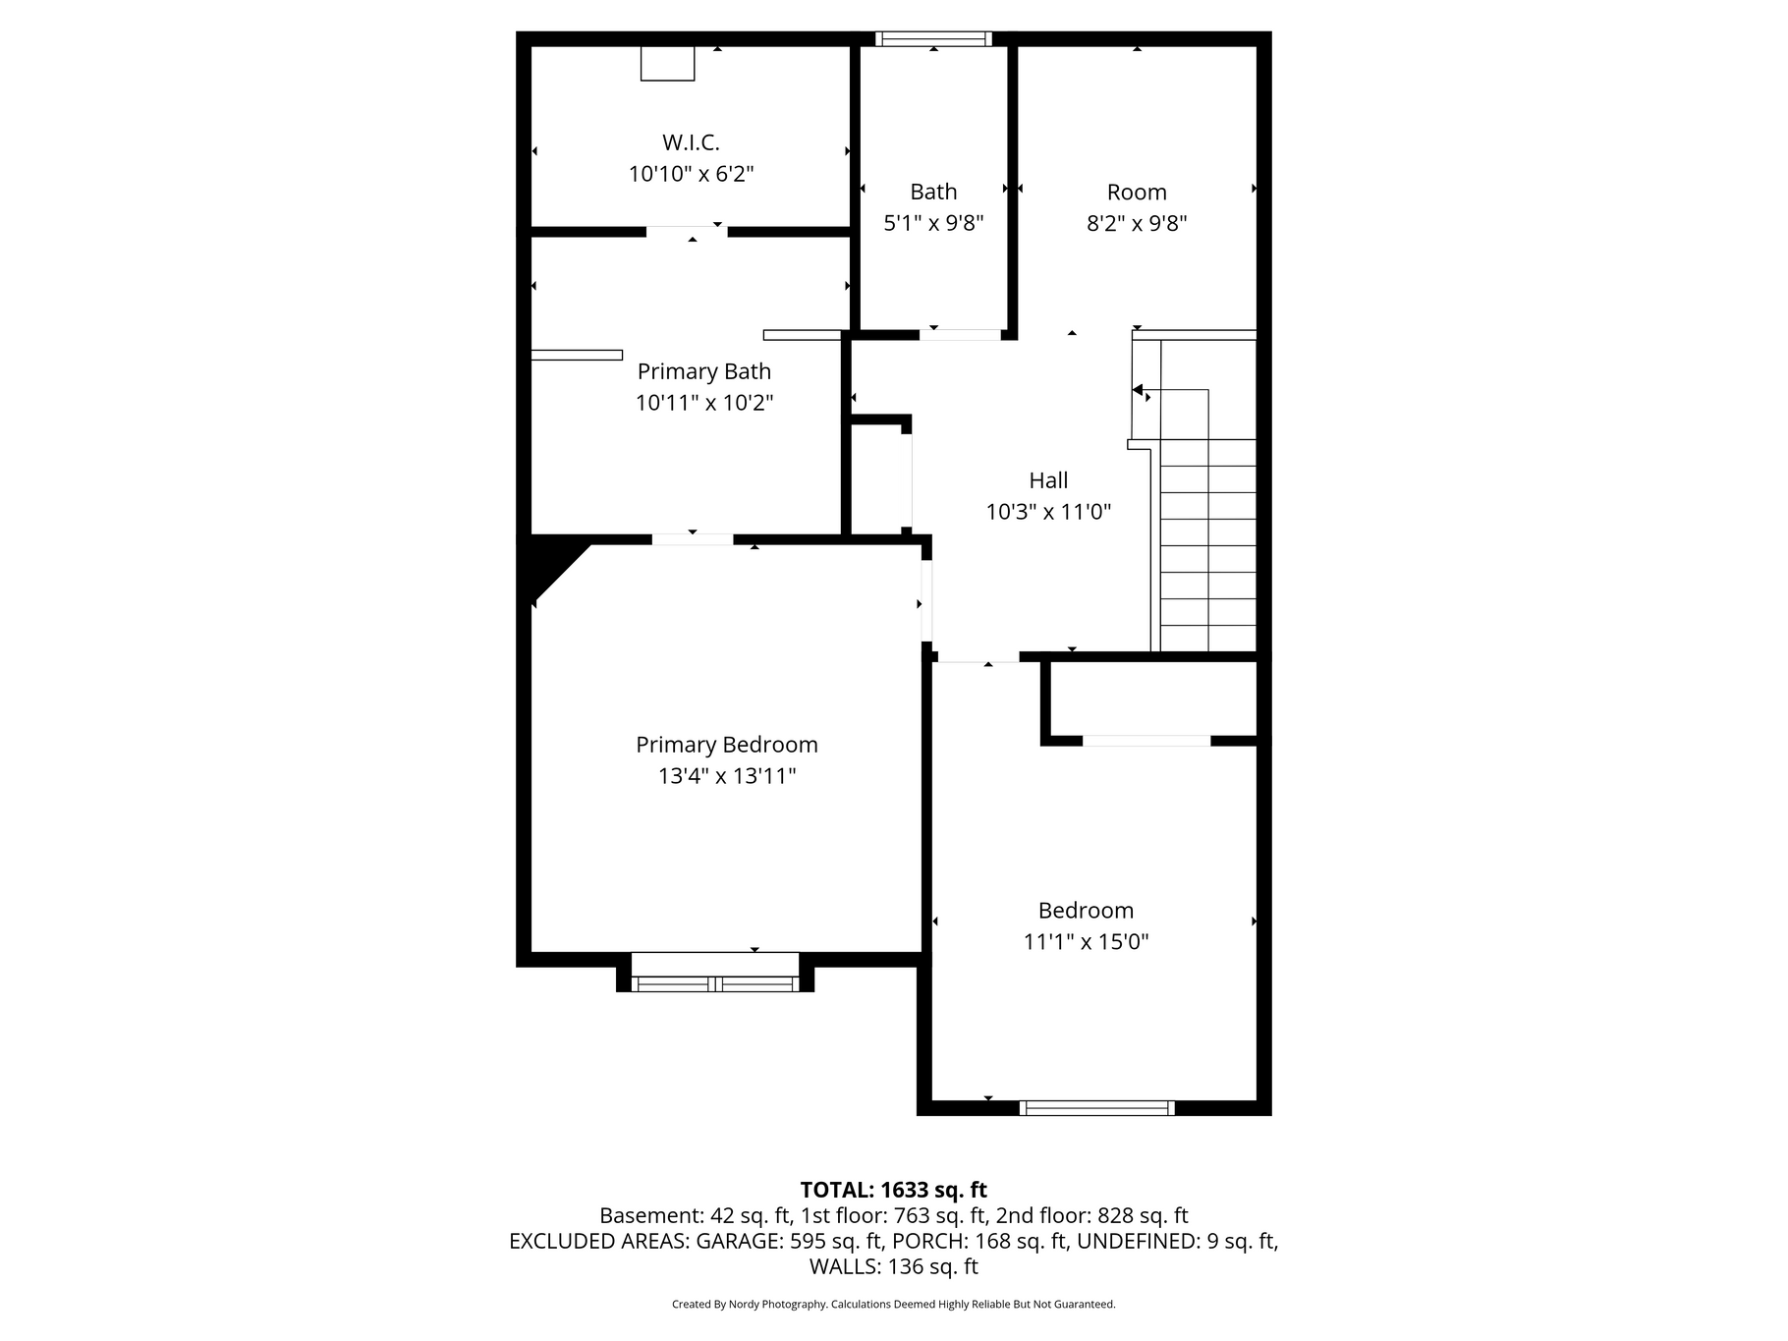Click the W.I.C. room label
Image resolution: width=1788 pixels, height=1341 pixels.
pyautogui.click(x=691, y=142)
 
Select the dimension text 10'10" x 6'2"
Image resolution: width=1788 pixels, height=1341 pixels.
pyautogui.click(x=691, y=174)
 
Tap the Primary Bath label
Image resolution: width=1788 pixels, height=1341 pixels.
pyautogui.click(x=703, y=371)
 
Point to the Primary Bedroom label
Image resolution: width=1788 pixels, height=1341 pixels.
pyautogui.click(x=726, y=745)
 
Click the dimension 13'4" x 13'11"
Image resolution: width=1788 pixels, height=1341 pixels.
pyautogui.click(x=726, y=776)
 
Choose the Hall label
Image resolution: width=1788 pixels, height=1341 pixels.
pyautogui.click(x=1048, y=480)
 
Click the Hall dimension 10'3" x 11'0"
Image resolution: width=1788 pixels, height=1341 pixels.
pyautogui.click(x=1048, y=512)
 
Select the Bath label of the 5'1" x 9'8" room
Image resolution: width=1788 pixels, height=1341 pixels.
pyautogui.click(x=933, y=192)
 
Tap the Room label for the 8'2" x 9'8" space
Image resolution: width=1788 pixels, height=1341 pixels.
pyautogui.click(x=1137, y=192)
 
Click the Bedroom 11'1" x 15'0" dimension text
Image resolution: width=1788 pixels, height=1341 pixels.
pyautogui.click(x=1086, y=942)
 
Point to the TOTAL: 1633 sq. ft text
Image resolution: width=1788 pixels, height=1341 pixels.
pyautogui.click(x=893, y=1191)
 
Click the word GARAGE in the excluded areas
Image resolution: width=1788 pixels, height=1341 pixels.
pyautogui.click(x=738, y=1242)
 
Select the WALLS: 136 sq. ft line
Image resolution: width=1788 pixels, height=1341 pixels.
pyautogui.click(x=893, y=1267)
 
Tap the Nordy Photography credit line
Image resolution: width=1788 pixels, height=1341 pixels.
pyautogui.click(x=893, y=1305)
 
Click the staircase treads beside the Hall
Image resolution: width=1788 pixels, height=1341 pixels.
pyautogui.click(x=1207, y=545)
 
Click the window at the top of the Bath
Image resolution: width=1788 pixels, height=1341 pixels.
pyautogui.click(x=933, y=39)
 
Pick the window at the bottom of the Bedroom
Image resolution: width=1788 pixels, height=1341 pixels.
pyautogui.click(x=1096, y=1108)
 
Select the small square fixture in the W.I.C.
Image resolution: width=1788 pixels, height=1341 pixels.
pyautogui.click(x=668, y=63)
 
